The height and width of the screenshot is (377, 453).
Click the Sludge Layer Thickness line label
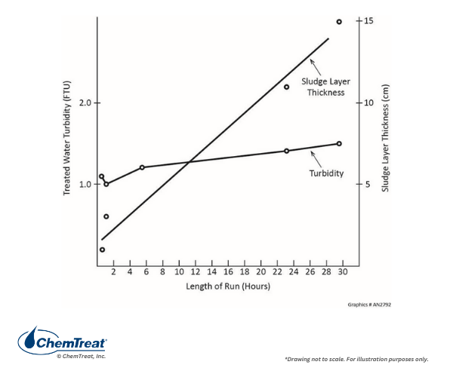(323, 86)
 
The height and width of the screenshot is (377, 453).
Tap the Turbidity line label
(327, 173)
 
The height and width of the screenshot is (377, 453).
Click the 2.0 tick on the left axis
(84, 103)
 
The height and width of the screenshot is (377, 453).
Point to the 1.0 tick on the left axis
(84, 184)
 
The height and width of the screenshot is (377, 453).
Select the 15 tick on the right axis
(368, 20)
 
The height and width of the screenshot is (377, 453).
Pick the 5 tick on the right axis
(367, 184)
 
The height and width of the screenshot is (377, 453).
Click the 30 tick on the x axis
(344, 272)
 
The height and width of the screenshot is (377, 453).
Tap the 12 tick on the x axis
(196, 272)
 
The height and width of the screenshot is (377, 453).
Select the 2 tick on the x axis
(113, 272)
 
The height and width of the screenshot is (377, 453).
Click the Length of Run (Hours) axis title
(228, 287)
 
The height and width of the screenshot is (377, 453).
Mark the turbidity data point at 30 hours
(339, 143)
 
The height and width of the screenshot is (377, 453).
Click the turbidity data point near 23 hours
(286, 151)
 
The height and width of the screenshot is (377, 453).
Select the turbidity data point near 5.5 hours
(142, 167)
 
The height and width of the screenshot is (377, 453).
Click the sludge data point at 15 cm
(339, 22)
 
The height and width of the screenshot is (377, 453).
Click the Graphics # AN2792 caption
(370, 305)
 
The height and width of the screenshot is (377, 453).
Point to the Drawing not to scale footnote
(356, 359)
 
